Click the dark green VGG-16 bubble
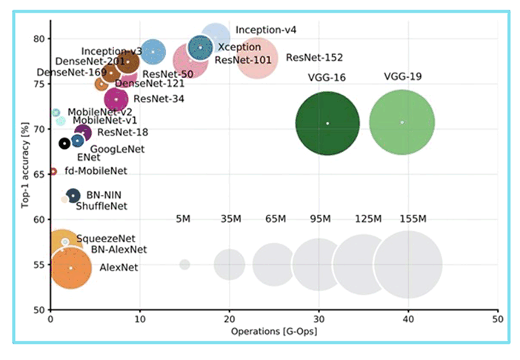pyautogui.click(x=327, y=124)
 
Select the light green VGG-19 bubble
pyautogui.click(x=402, y=122)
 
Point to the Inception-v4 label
pyautogui.click(x=266, y=30)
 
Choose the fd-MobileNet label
pyautogui.click(x=96, y=171)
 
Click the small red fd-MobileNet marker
pyautogui.click(x=53, y=172)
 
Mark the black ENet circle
pyautogui.click(x=64, y=144)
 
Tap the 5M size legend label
pyautogui.click(x=184, y=219)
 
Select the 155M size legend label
pyautogui.click(x=413, y=219)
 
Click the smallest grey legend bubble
pyautogui.click(x=184, y=264)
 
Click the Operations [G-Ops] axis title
pyautogui.click(x=273, y=331)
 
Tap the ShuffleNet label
pyautogui.click(x=101, y=206)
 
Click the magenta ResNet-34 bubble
pyautogui.click(x=116, y=99)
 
